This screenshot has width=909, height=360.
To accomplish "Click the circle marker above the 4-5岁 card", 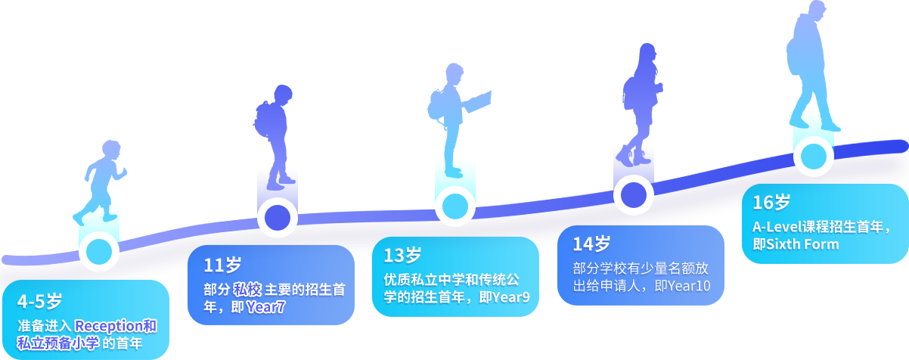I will tap(100, 252).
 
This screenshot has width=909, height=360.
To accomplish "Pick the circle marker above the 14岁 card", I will tap(633, 195).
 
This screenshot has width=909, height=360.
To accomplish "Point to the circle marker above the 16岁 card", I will tap(814, 157).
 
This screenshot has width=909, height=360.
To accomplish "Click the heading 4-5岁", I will tap(39, 302).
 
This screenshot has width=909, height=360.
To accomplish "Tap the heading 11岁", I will tap(222, 265).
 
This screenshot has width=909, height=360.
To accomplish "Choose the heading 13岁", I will tap(402, 255).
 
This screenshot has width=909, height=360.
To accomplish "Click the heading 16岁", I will tap(771, 203).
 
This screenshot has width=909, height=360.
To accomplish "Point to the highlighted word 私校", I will tap(247, 290).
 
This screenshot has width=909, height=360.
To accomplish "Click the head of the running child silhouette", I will tap(111, 150).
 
